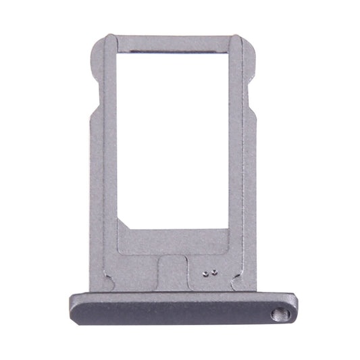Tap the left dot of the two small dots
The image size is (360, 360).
(206, 274)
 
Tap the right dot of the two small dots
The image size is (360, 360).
(213, 274)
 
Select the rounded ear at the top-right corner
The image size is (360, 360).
(251, 51)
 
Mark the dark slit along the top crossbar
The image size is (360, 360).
(172, 51)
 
